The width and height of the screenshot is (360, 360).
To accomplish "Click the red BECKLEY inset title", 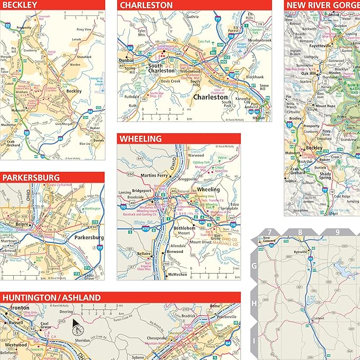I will pyautogui.click(x=20, y=5).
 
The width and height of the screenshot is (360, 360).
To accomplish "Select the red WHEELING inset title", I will pyautogui.click(x=141, y=139).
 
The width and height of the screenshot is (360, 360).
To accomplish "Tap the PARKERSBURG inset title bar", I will pyautogui.click(x=30, y=178).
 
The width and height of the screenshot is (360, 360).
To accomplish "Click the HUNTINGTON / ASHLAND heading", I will pyautogui.click(x=51, y=298).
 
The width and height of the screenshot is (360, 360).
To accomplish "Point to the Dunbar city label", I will pyautogui.click(x=128, y=61).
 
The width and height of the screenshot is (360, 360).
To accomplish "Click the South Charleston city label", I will pyautogui.click(x=161, y=67).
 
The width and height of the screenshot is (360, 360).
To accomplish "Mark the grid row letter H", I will pyautogui.click(x=254, y=303).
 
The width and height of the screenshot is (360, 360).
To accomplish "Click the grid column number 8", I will pyautogui.click(x=300, y=232).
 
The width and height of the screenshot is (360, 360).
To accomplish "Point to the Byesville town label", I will pyautogui.click(x=302, y=252).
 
